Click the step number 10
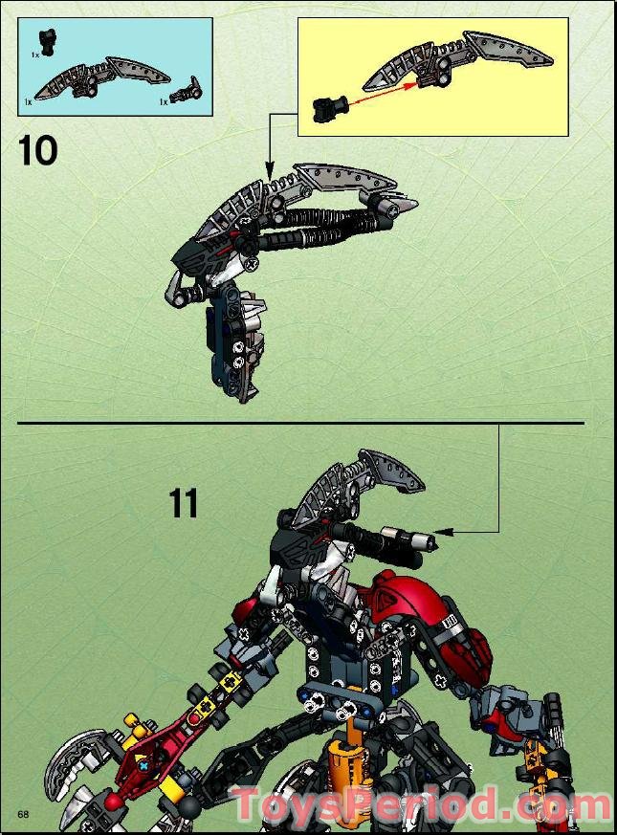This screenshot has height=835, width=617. point(38,151)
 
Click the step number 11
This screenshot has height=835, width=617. point(184,503)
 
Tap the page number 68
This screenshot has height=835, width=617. point(22,812)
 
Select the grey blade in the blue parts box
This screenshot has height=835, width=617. point(105,77)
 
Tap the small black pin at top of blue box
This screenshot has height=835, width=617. point(46,41)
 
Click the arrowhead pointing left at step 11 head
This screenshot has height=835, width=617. point(441,531)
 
